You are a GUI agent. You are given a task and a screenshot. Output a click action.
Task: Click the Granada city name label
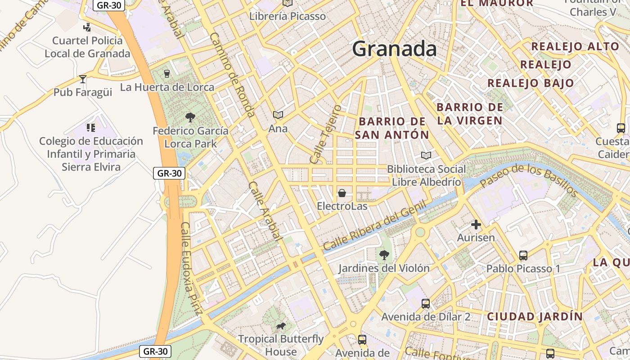(x=394, y=49)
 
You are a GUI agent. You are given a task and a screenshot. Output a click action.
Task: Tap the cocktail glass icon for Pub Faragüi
(x=83, y=79)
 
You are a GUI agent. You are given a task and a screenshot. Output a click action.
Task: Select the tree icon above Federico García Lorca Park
(x=190, y=117)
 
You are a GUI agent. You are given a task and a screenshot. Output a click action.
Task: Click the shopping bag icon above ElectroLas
(x=342, y=193)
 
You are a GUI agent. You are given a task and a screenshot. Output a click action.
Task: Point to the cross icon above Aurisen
(x=476, y=225)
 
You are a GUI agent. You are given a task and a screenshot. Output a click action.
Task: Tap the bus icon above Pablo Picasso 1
(x=523, y=256)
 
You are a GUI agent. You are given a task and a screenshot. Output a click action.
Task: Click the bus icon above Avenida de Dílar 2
(x=426, y=304)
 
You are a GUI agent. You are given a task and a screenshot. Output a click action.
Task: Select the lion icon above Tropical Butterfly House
(x=280, y=326)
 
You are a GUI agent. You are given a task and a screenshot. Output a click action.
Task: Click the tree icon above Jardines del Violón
(x=384, y=255)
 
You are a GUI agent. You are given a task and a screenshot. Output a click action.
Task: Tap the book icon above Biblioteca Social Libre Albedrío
(x=426, y=156)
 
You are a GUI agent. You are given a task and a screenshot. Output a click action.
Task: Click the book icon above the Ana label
(x=278, y=115)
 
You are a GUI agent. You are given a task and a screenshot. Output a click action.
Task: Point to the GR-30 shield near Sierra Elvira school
(x=169, y=173)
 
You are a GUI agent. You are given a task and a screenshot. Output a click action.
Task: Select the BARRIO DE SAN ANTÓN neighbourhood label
(x=392, y=128)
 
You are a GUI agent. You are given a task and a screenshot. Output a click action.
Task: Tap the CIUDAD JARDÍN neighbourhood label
(x=535, y=316)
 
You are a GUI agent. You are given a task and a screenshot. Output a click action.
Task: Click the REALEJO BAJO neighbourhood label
(x=531, y=83)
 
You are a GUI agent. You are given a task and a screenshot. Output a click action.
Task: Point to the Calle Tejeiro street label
(x=326, y=134)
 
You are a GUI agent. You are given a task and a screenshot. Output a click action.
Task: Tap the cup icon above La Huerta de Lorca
(x=167, y=73)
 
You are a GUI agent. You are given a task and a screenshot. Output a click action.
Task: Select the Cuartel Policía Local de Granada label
(x=87, y=47)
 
